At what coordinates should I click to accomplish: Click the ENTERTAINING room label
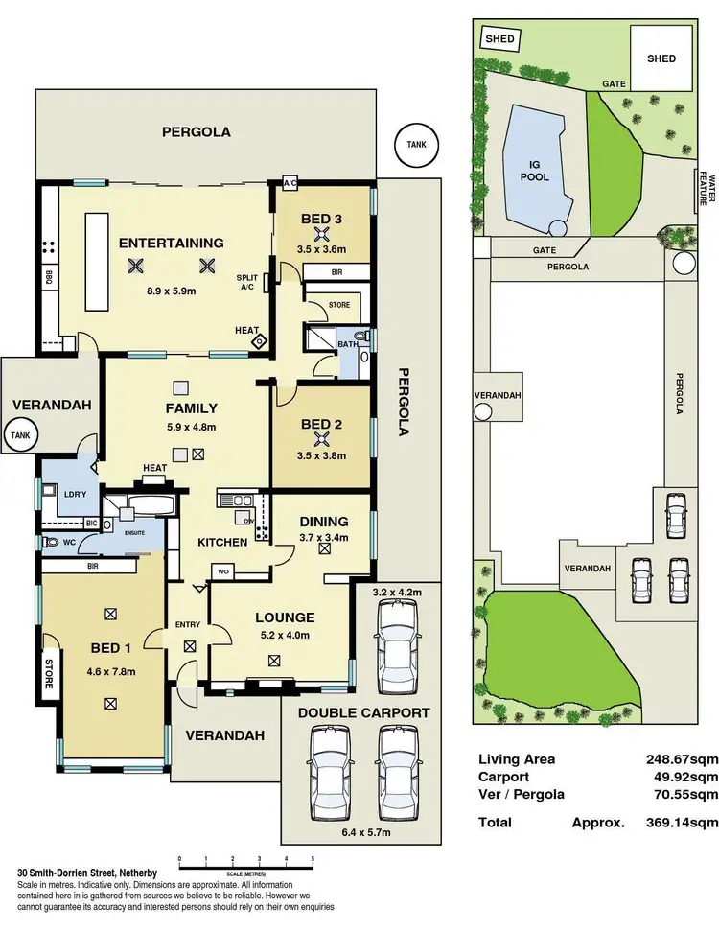click(172, 243)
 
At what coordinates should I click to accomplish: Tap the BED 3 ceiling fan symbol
click(322, 233)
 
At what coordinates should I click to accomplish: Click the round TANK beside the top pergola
click(416, 145)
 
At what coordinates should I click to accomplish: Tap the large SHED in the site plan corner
click(661, 58)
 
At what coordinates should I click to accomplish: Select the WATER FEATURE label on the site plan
click(708, 187)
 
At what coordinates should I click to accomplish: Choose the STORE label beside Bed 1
click(48, 671)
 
